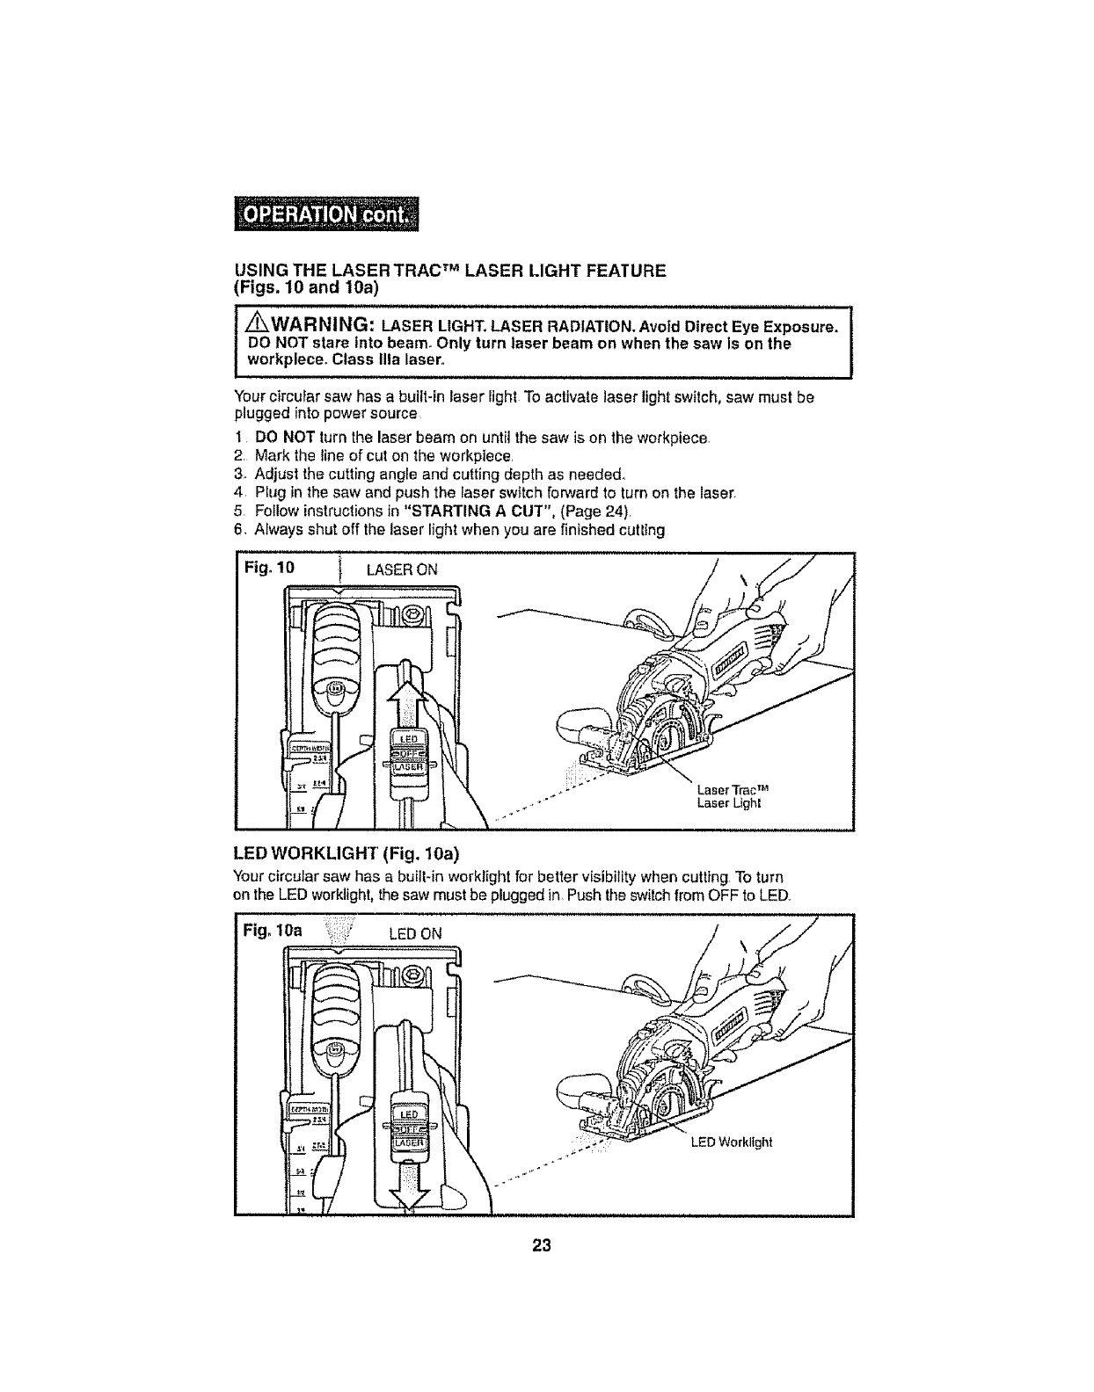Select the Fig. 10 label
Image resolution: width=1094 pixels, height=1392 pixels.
tap(273, 568)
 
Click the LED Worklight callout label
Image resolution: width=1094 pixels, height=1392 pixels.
tap(732, 1142)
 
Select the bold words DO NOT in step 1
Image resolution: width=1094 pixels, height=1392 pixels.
tap(273, 438)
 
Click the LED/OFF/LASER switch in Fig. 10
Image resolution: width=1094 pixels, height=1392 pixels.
tap(407, 751)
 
